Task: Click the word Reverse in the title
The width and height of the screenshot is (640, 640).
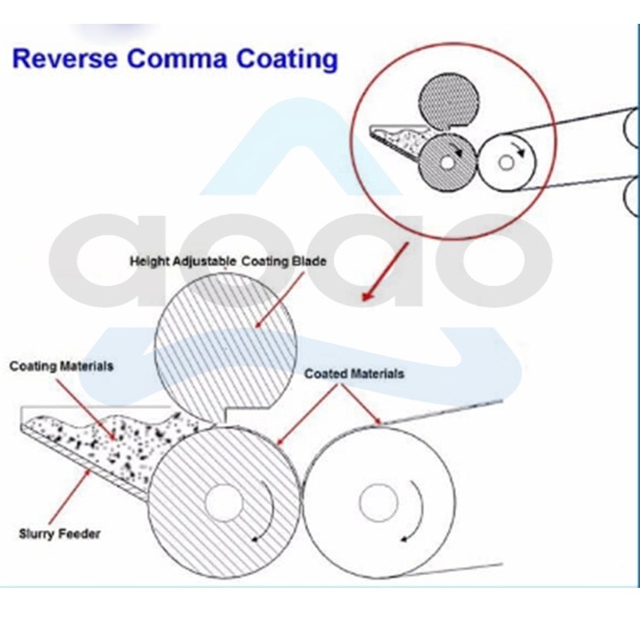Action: pyautogui.click(x=65, y=59)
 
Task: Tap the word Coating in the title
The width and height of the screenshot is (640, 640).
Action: pyautogui.click(x=287, y=59)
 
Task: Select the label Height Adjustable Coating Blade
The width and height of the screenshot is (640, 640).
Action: pyautogui.click(x=229, y=261)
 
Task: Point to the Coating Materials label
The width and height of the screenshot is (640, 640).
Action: pyautogui.click(x=61, y=366)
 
